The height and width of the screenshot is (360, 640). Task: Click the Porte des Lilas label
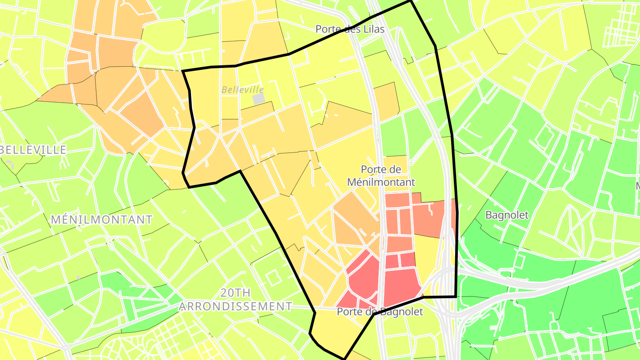coord(350,29)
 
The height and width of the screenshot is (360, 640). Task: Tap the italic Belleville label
coord(243,90)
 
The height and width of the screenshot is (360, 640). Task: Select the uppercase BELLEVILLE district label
coord(34,150)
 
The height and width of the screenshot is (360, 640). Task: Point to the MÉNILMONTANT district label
coord(102,220)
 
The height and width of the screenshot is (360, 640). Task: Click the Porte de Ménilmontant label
coord(381,176)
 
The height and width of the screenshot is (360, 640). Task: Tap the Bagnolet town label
coord(507,215)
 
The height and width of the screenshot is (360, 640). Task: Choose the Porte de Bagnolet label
coord(380,312)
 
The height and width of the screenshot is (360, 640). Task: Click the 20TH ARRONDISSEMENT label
coord(236,300)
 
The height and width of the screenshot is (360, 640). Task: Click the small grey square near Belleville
coord(259,99)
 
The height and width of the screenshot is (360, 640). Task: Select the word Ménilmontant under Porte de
coord(381,182)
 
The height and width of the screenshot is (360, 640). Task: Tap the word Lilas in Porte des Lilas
coord(374,29)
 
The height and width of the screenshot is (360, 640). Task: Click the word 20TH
coord(236,293)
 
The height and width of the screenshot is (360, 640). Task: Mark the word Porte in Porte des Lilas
coord(327,29)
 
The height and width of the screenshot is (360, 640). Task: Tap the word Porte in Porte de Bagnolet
coord(348,312)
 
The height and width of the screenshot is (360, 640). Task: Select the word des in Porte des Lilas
coord(352,29)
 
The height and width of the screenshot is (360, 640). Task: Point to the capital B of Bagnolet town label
coord(488,215)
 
